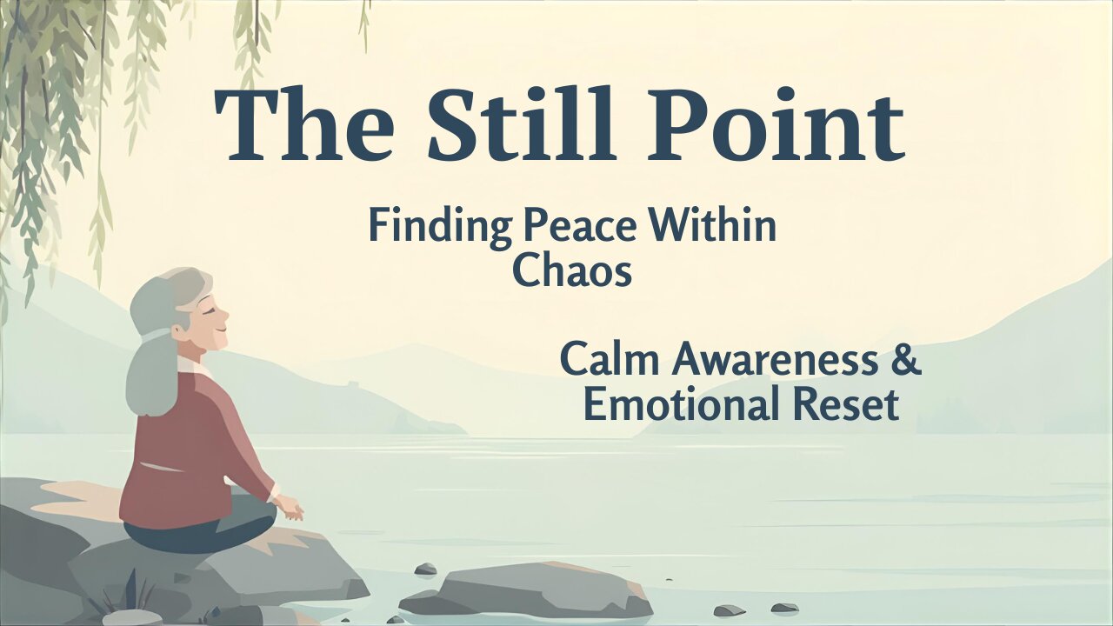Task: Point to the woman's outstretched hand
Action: coord(290,509)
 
